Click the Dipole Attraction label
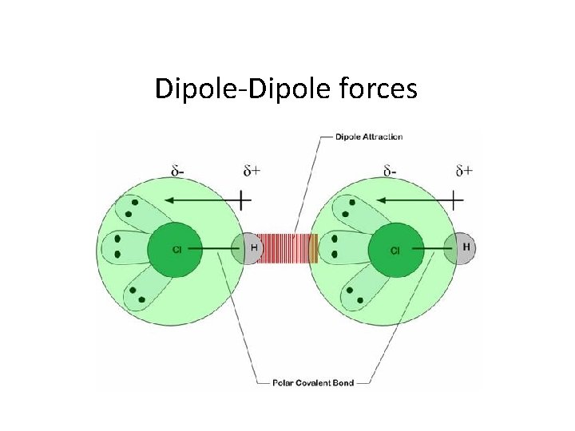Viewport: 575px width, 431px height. (368, 136)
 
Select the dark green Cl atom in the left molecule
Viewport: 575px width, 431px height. (176, 250)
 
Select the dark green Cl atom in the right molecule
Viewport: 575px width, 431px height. (395, 251)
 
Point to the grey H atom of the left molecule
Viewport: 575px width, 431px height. (249, 248)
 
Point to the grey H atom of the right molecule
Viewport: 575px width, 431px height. (465, 247)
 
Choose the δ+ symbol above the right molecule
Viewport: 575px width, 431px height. (463, 170)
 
